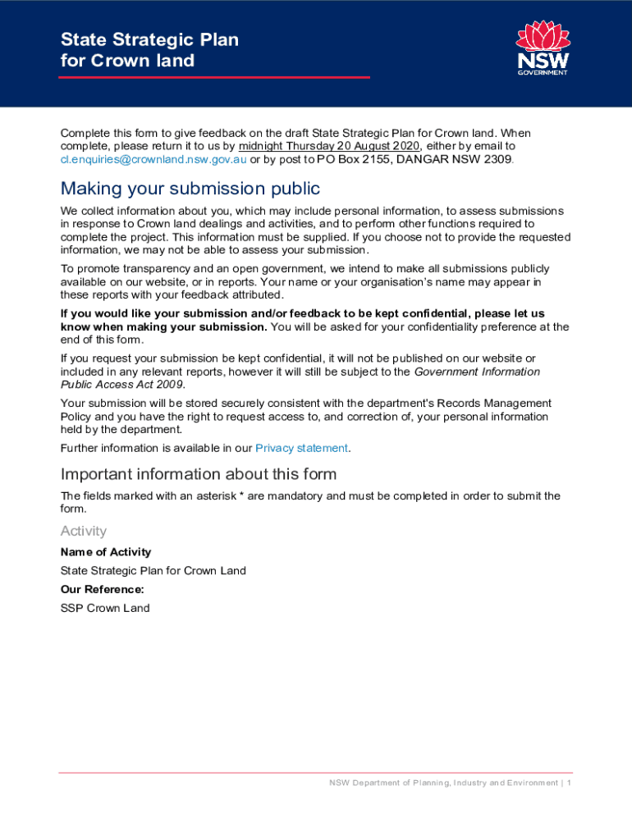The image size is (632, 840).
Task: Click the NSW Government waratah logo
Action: pyautogui.click(x=542, y=48)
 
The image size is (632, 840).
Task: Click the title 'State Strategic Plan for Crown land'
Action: pyautogui.click(x=149, y=50)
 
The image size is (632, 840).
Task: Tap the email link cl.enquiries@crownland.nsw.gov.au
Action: pyautogui.click(x=153, y=159)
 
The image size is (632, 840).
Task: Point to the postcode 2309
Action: pyautogui.click(x=497, y=159)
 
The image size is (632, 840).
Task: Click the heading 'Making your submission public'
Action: pyautogui.click(x=190, y=189)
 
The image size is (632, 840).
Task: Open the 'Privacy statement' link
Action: pyautogui.click(x=302, y=448)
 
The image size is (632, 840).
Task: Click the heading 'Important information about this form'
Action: pyautogui.click(x=199, y=474)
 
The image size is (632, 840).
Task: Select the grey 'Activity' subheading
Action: pyautogui.click(x=84, y=531)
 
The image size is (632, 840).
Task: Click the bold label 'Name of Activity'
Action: pyautogui.click(x=106, y=552)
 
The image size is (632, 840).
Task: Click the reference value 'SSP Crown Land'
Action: pyautogui.click(x=105, y=608)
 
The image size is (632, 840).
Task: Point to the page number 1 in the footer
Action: pyautogui.click(x=569, y=783)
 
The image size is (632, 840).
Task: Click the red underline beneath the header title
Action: pyautogui.click(x=214, y=78)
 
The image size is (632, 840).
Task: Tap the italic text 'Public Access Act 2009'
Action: pyautogui.click(x=122, y=384)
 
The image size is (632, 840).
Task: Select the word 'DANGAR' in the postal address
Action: pyautogui.click(x=417, y=159)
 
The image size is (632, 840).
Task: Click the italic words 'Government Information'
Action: pyautogui.click(x=477, y=372)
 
